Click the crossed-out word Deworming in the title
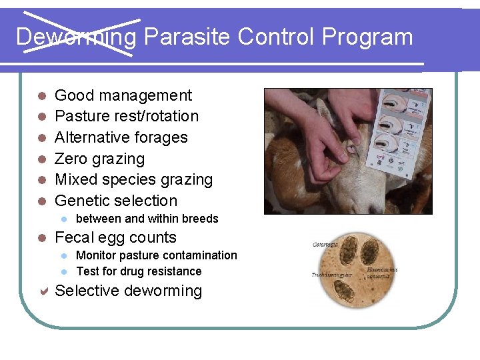pos(76,37)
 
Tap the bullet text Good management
pos(123,95)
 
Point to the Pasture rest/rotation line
pos(127,116)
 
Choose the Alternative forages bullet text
pos(121,137)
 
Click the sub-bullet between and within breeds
pos(147,219)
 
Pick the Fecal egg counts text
pos(115,237)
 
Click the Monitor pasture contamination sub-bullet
pos(157,255)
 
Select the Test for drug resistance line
pos(139,271)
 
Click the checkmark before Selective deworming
pos(41,291)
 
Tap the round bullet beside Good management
pos(41,96)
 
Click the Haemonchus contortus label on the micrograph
pos(382,273)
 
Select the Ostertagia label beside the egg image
pos(326,245)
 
